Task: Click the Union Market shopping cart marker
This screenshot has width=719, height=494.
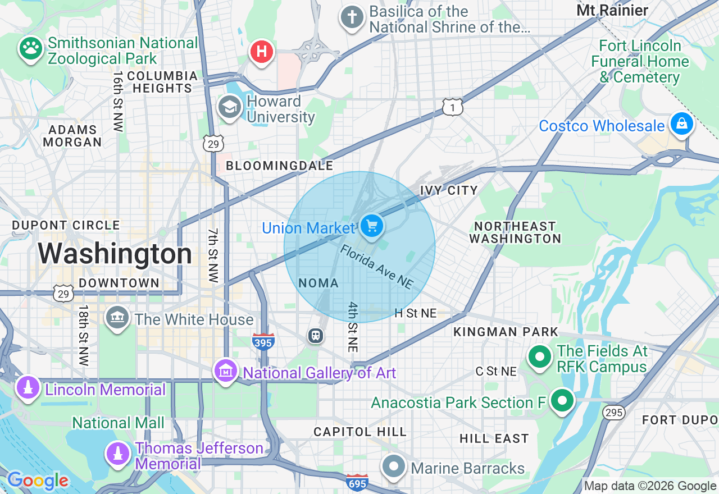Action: [x=371, y=226]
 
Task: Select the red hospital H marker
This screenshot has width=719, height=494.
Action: [x=261, y=52]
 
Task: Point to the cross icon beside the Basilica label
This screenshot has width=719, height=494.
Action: [x=352, y=17]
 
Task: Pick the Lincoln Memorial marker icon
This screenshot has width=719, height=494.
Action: [x=28, y=388]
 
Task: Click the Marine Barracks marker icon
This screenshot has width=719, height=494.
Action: [x=394, y=466]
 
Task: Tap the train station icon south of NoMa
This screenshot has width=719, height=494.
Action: [x=316, y=336]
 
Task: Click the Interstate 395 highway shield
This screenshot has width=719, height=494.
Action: [x=263, y=341]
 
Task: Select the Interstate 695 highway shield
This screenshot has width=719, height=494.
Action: [x=357, y=482]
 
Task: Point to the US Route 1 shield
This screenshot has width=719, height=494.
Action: [x=452, y=107]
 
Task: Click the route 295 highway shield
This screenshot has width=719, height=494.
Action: [x=613, y=413]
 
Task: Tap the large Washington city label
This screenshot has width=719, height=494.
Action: [x=115, y=254]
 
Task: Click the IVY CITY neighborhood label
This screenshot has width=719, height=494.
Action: [x=449, y=191]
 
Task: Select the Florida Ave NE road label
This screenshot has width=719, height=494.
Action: [x=376, y=267]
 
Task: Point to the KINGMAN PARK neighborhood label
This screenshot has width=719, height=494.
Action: [x=506, y=332]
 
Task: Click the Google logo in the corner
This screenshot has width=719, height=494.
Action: [x=38, y=481]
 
